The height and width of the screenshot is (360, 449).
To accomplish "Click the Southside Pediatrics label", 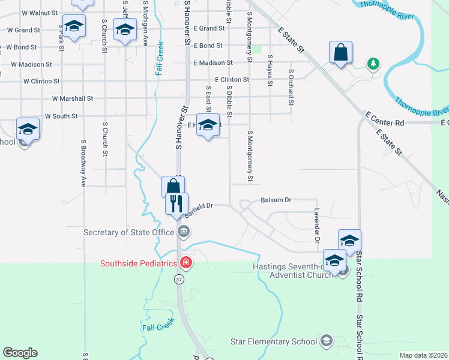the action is tap(138, 263).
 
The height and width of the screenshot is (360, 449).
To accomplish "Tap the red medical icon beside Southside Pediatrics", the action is tap(186, 263).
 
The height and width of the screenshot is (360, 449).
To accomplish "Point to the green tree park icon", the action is tap(373, 63).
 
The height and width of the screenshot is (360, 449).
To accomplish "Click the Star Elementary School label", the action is tap(274, 341).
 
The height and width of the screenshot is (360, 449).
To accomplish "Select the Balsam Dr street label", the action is tap(276, 200).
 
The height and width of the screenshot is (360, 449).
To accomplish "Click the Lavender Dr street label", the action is tap(316, 226).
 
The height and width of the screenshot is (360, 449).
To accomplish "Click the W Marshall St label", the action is tap(73, 98).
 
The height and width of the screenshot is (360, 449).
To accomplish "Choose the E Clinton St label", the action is tap(232, 80).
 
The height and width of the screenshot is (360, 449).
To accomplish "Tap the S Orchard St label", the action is tap(291, 87).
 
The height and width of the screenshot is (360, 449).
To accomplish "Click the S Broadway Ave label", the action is tap(83, 163).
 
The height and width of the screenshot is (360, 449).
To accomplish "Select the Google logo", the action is tap(20, 353).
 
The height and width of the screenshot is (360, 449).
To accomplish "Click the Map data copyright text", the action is tap(423, 355).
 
